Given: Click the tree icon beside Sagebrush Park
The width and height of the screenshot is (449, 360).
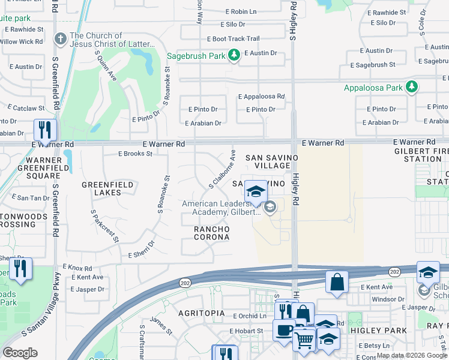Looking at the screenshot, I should coord(234,56).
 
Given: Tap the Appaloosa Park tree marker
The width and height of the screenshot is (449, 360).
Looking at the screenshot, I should coord(411,88).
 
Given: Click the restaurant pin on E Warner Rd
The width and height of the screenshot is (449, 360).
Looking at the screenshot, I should coord(45,130).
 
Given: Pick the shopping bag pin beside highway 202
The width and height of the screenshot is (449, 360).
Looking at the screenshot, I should coord(337,281).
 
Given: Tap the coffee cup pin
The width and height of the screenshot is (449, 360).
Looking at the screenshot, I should coord(284,329).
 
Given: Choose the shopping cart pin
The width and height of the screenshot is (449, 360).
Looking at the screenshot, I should coord(304,340).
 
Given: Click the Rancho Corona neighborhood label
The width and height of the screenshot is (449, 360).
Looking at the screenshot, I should coord(211,233).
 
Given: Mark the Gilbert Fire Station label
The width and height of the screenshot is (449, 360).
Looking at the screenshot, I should coord(418,155).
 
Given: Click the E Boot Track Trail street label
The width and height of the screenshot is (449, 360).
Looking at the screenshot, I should coord(233,39).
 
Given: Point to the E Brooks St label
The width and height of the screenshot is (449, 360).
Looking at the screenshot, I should coord(135,154).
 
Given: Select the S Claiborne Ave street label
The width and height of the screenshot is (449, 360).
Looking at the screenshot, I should coord(221,169).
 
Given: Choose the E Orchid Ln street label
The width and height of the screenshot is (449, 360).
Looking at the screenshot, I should coord(246,316).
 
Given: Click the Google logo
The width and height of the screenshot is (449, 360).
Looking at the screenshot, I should coord(20,353).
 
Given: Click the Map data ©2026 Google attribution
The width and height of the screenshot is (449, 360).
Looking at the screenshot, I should coord(412,355).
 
